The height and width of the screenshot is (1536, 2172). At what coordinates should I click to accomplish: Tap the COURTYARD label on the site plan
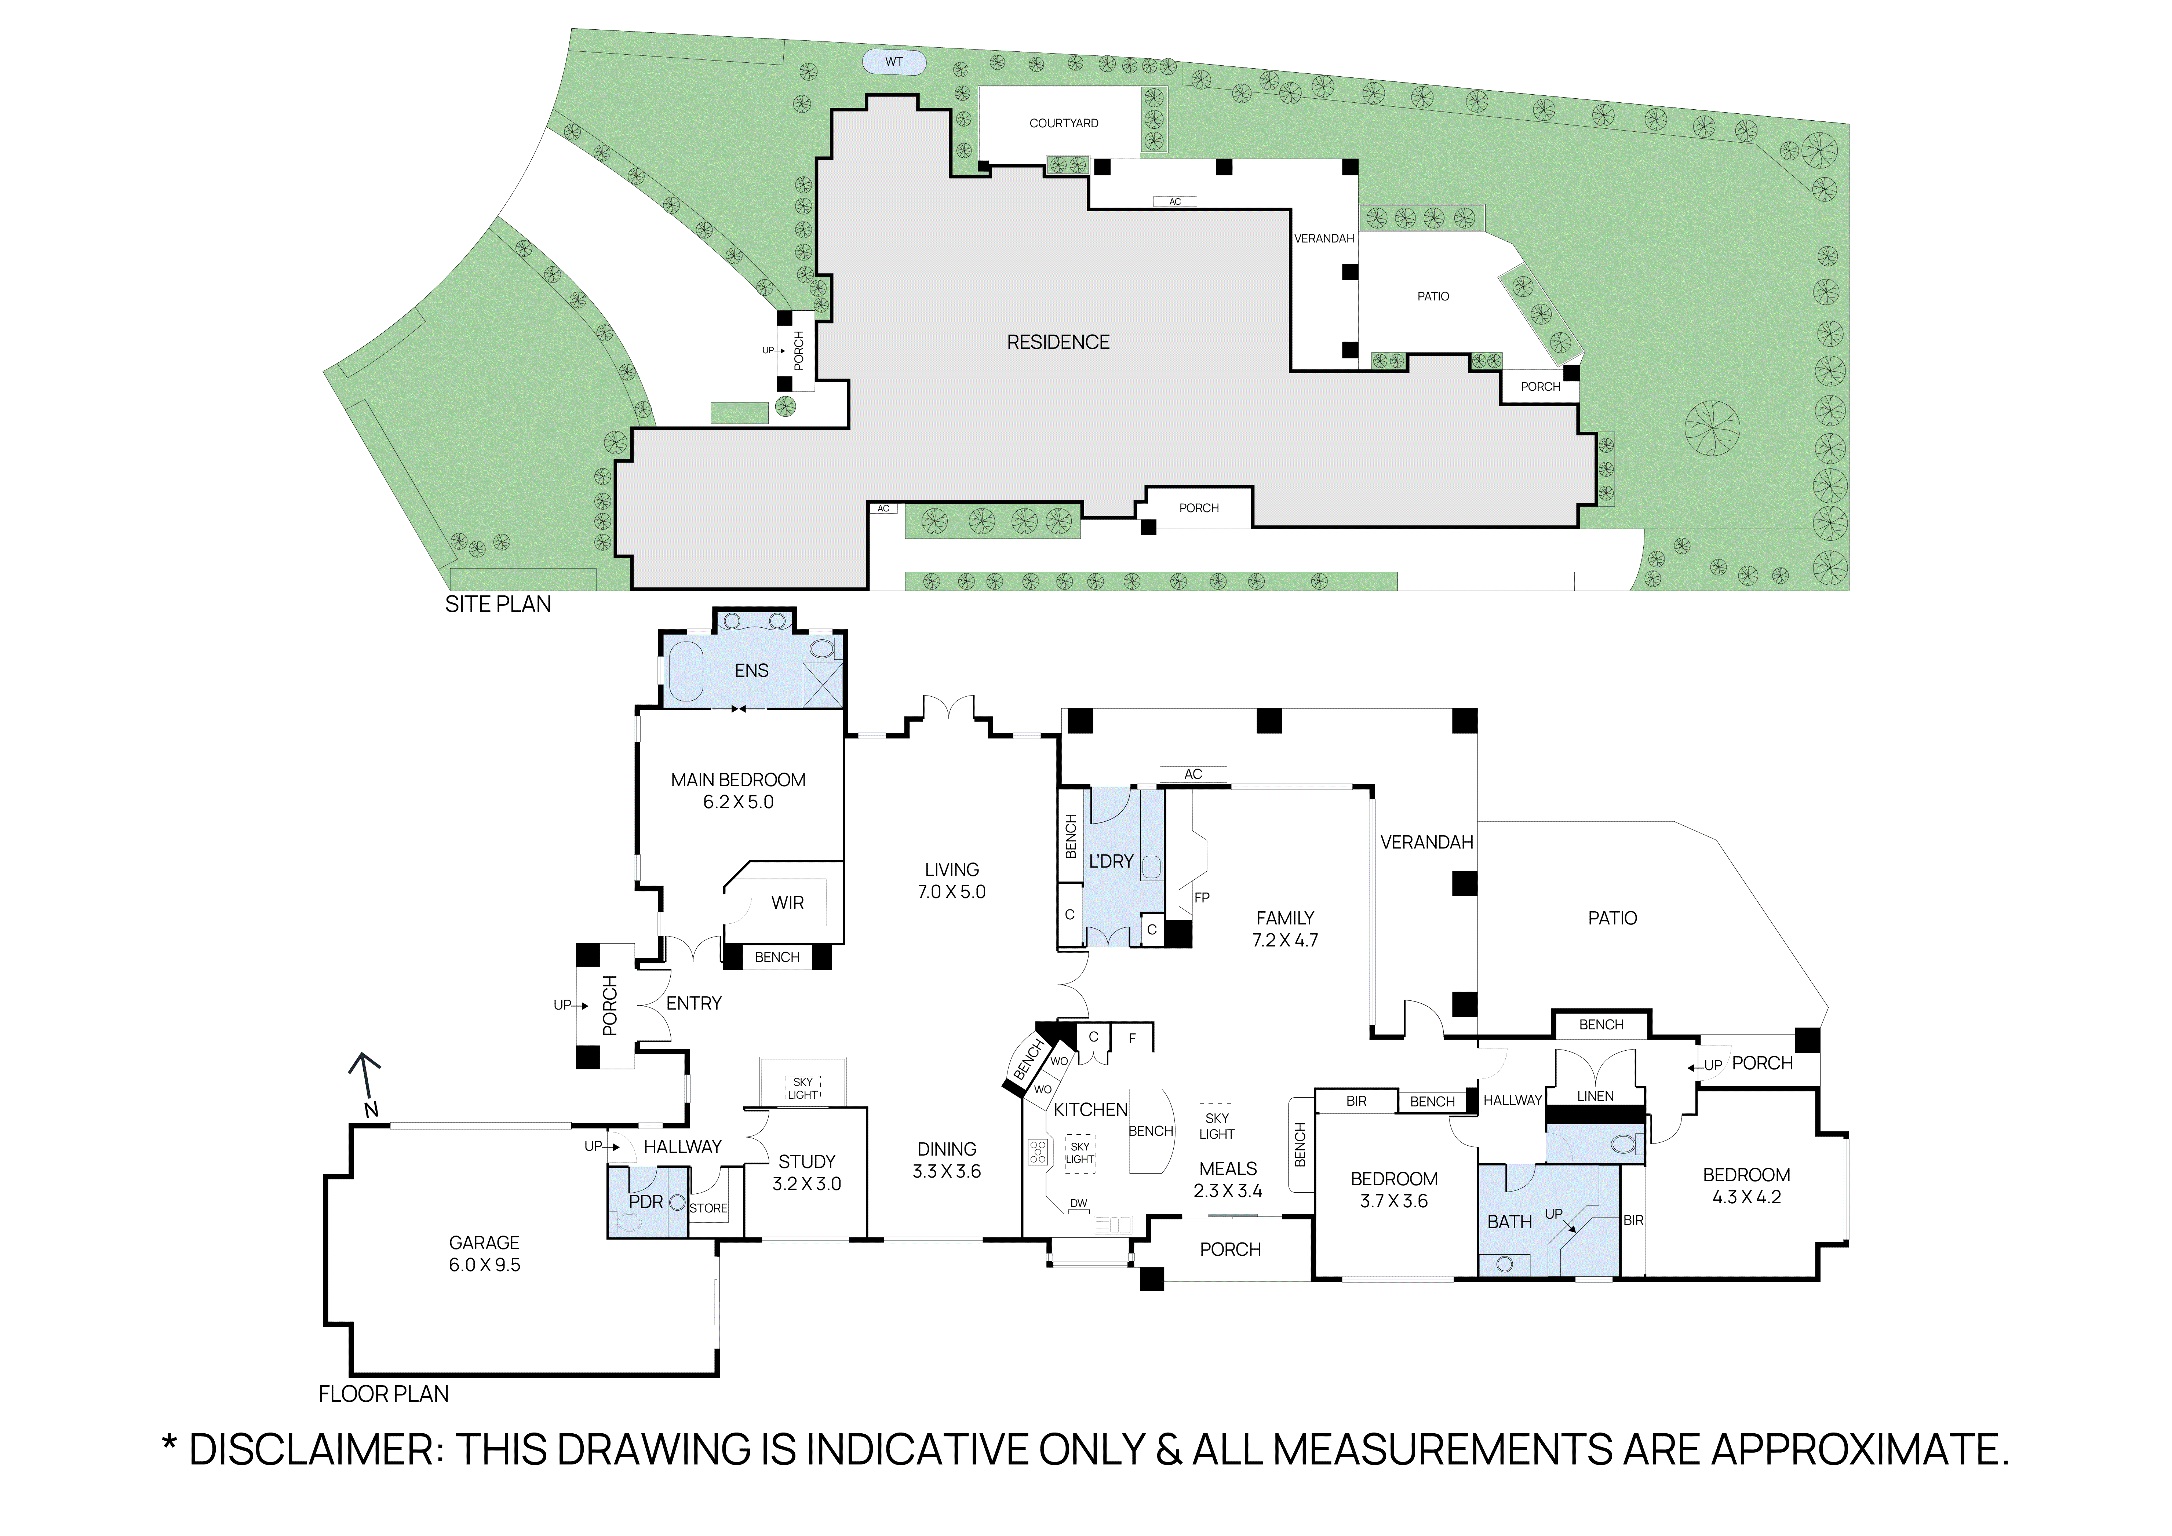[1063, 123]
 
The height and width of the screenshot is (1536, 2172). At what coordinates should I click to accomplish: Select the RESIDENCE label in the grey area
[1058, 342]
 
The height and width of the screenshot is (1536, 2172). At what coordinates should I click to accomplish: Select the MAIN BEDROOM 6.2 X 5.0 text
[738, 791]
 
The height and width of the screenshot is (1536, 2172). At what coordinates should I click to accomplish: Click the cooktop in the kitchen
[1038, 1151]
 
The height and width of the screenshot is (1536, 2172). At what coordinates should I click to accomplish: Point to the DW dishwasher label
[1078, 1203]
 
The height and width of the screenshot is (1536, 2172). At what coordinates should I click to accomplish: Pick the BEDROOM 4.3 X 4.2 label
[1746, 1185]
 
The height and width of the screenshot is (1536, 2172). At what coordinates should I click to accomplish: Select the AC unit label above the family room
[1193, 774]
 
